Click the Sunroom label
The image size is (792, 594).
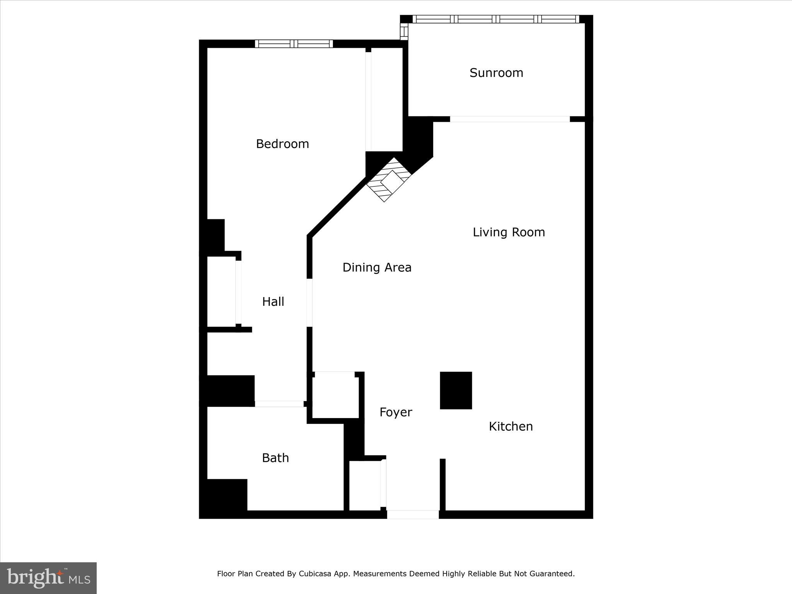(496, 73)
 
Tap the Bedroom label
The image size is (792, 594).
(282, 144)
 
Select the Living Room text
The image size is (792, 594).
(509, 232)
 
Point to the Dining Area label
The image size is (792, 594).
(377, 267)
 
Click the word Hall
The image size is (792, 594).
(273, 302)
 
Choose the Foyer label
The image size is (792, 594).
(396, 412)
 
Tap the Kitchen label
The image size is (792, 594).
(510, 426)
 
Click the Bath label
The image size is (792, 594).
(275, 458)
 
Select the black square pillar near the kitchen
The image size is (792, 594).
(456, 390)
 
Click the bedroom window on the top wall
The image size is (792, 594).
(294, 44)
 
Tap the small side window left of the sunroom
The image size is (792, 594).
(404, 31)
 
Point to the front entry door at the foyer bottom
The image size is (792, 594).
(413, 514)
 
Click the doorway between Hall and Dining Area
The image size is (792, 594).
(309, 302)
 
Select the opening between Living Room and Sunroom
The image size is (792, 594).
(509, 119)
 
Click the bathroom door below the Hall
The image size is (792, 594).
(279, 404)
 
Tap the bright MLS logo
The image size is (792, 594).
(48, 578)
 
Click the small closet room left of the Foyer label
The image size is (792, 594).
(335, 395)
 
